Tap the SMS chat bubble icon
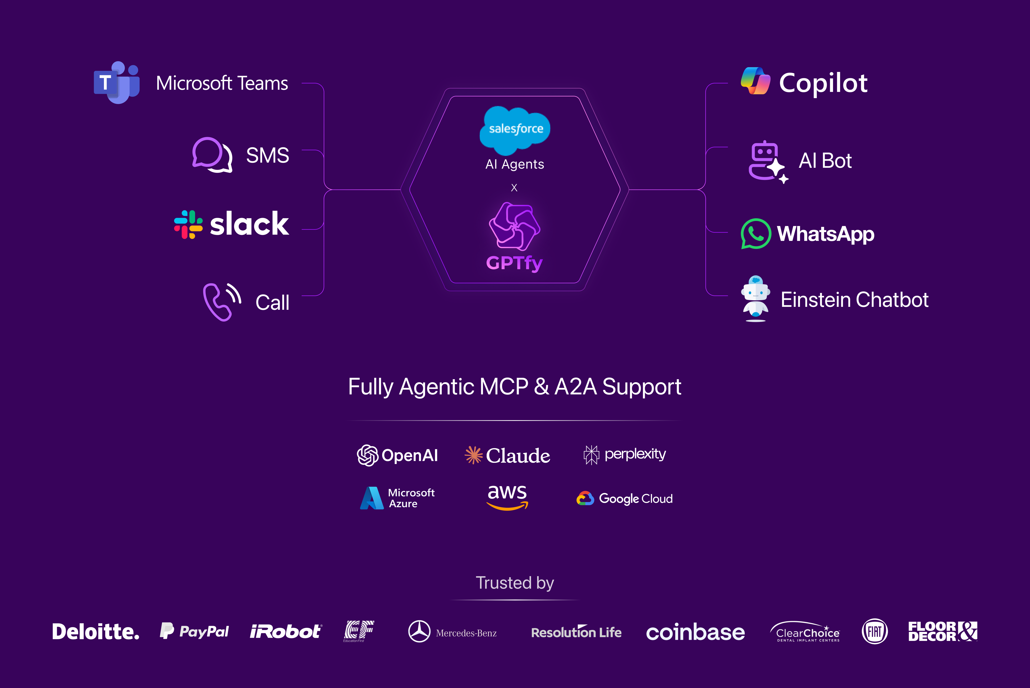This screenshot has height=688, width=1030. click(x=212, y=155)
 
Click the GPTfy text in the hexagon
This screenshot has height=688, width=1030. click(x=514, y=263)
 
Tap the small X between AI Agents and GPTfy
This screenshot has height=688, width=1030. click(x=514, y=188)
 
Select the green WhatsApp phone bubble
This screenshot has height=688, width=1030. click(x=755, y=233)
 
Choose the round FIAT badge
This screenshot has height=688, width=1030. click(x=875, y=631)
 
